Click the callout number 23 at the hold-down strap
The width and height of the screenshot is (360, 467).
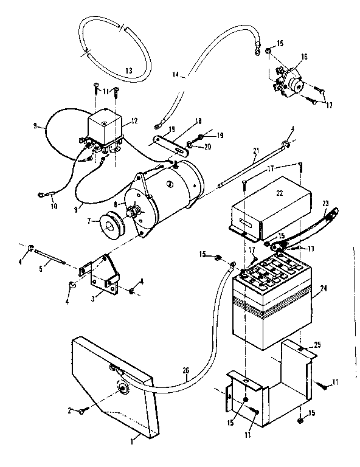(325, 205)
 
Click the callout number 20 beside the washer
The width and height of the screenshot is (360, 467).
(209, 147)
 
